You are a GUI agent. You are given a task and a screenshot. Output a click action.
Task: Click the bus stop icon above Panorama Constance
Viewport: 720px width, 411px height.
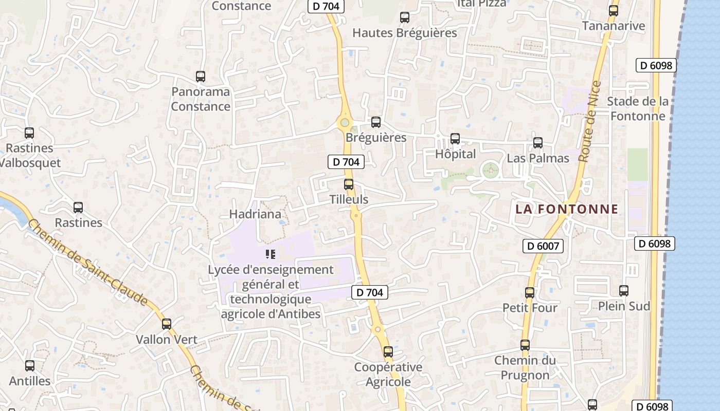click(201, 77)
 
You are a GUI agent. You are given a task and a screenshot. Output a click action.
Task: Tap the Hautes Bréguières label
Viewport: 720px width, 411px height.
click(404, 33)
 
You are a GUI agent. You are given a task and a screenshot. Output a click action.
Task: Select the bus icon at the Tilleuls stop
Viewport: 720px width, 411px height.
click(349, 184)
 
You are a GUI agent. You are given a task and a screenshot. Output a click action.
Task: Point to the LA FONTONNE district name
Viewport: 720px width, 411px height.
click(567, 209)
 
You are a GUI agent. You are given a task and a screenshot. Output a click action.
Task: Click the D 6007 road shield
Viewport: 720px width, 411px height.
click(543, 246)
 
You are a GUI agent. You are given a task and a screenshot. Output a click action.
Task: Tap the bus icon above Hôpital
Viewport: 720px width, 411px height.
click(455, 139)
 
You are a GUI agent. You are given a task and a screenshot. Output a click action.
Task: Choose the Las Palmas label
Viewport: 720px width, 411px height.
click(538, 158)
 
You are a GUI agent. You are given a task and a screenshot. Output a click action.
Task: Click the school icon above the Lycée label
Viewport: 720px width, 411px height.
click(271, 254)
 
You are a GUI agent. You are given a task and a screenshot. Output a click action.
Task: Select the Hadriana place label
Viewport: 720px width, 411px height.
click(255, 214)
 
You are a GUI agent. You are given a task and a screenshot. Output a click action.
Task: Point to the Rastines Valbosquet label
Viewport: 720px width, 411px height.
click(29, 156)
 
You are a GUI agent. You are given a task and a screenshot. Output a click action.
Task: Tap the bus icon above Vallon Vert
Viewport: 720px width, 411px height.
click(166, 324)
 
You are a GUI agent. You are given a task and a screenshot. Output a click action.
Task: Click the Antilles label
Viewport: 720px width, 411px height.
click(30, 381)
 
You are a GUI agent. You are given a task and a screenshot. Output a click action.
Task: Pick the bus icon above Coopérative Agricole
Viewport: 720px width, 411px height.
click(388, 352)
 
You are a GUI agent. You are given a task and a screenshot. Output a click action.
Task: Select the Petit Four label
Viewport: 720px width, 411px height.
click(530, 308)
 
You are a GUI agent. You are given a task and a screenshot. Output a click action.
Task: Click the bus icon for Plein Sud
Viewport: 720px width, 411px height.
click(624, 291)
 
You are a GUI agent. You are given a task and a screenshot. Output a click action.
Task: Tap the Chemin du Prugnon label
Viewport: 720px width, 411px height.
click(525, 368)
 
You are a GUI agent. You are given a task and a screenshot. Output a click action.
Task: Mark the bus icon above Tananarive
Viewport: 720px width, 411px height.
click(613, 10)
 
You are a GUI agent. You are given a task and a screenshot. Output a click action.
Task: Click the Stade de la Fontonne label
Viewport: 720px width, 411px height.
click(638, 108)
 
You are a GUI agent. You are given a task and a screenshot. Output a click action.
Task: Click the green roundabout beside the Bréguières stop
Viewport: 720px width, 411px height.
click(344, 123)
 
